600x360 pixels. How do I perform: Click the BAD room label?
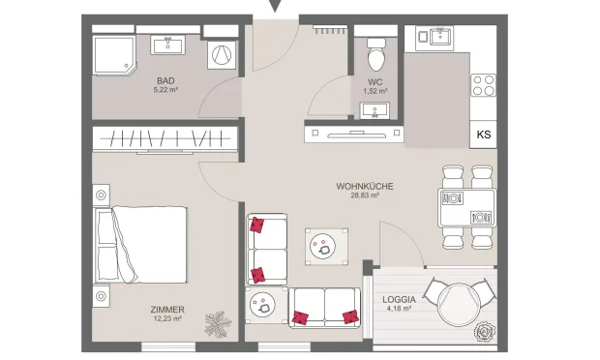tap(165, 80)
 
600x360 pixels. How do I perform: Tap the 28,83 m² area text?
tap(365, 195)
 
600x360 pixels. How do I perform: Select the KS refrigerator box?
tap(484, 135)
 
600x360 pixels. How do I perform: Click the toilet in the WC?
tap(376, 54)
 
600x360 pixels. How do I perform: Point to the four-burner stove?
tap(484, 85)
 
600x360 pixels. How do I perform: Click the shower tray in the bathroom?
tap(114, 55)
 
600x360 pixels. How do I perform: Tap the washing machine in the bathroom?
tap(222, 55)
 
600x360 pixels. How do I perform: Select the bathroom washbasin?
tap(168, 45)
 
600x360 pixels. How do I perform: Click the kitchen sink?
tap(441, 37)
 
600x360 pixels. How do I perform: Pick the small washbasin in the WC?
tap(375, 110)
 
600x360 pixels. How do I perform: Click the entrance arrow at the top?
tap(275, 6)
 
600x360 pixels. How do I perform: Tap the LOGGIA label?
tap(399, 299)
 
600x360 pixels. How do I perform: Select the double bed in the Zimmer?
tap(141, 245)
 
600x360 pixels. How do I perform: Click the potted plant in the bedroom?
tap(218, 324)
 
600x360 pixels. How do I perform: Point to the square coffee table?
tap(326, 247)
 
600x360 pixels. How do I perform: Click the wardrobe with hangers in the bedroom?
tap(165, 138)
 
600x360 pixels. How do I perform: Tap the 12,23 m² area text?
tap(166, 318)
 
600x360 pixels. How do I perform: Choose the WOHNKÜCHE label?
tap(365, 187)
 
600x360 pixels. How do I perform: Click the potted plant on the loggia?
tap(485, 331)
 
